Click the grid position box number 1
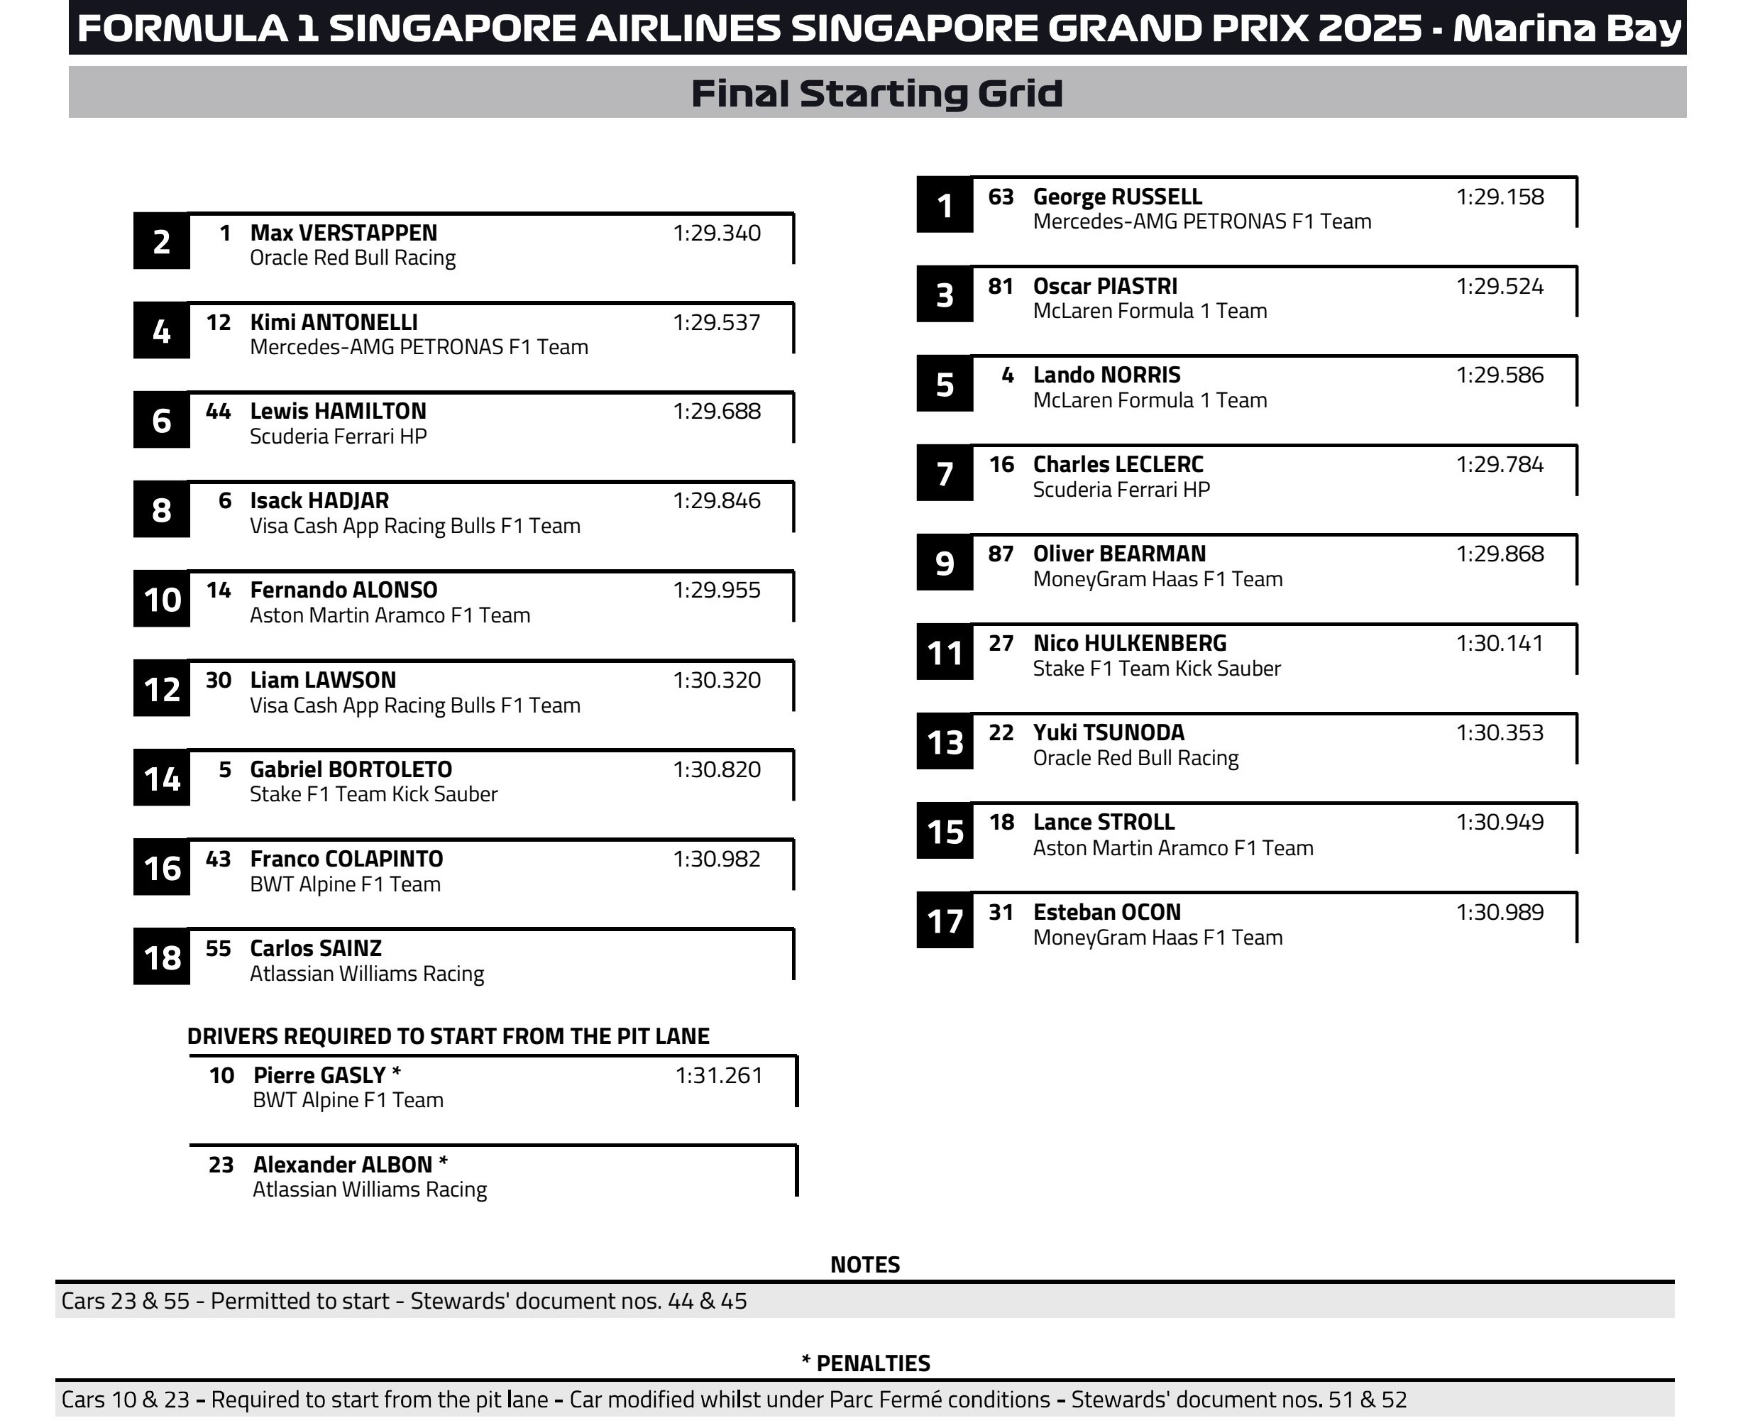(x=945, y=206)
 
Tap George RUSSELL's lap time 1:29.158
(x=1500, y=197)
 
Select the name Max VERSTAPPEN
(x=343, y=233)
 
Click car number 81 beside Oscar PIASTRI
(x=1001, y=286)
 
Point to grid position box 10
(x=162, y=600)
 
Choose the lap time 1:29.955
(x=717, y=590)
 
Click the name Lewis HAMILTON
(x=338, y=412)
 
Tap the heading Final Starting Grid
(x=877, y=93)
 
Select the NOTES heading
(x=865, y=1264)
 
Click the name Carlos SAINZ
(x=316, y=948)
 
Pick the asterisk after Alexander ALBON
(x=444, y=1163)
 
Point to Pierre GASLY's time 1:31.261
(x=719, y=1075)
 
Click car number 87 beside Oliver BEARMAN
(x=1001, y=554)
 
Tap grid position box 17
(x=945, y=921)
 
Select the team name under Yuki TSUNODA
(x=1135, y=758)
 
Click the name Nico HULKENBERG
(x=1130, y=644)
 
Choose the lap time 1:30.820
(x=717, y=770)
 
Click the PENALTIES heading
(x=866, y=1363)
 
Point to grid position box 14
(x=162, y=779)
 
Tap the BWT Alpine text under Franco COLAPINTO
(x=345, y=884)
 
